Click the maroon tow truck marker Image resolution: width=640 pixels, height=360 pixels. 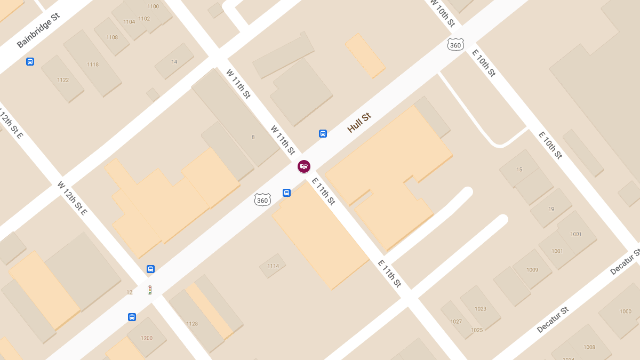click(x=304, y=166)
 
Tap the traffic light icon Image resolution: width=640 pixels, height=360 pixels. click(x=150, y=290)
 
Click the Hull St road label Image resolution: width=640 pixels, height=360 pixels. click(x=359, y=123)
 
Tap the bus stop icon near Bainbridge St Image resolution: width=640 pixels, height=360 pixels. click(x=30, y=61)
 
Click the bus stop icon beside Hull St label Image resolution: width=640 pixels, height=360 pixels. click(x=323, y=133)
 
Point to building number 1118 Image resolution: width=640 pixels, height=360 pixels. click(x=93, y=65)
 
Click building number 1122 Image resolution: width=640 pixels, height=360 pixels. click(x=63, y=80)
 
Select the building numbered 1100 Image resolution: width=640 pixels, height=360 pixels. click(x=153, y=6)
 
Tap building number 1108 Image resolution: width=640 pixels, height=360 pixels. click(x=112, y=37)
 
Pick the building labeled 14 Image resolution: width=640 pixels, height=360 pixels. click(x=174, y=62)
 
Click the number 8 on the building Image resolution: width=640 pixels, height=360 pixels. click(x=253, y=137)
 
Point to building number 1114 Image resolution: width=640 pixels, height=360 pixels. click(x=273, y=266)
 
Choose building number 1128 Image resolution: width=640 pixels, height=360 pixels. click(x=192, y=324)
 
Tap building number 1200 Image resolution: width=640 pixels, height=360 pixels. click(x=147, y=338)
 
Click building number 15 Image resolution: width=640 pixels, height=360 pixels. click(x=519, y=170)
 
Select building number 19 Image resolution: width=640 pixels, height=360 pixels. click(x=551, y=209)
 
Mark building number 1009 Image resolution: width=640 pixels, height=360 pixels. click(x=532, y=270)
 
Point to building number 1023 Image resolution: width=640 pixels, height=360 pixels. click(x=481, y=309)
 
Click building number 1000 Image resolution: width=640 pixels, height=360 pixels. click(x=626, y=311)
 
